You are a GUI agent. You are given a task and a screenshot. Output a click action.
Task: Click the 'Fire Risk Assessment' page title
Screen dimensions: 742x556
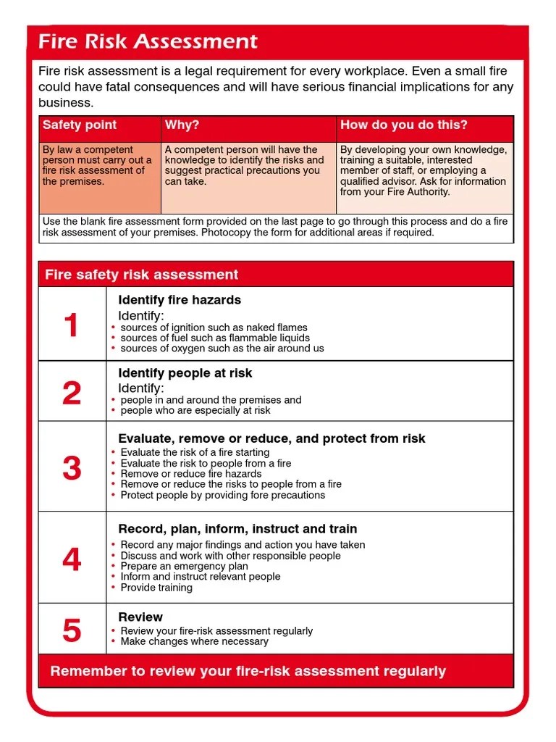pos(148,41)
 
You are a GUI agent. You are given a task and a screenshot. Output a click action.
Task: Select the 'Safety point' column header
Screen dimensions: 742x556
pos(80,125)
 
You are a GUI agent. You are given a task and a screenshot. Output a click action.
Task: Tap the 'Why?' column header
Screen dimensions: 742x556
pos(182,125)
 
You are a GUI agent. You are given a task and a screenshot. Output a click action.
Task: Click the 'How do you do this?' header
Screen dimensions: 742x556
pos(404,125)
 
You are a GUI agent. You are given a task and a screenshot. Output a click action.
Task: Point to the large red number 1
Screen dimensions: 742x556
pos(71,325)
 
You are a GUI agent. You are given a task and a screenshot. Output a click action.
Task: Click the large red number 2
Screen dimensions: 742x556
pos(71,393)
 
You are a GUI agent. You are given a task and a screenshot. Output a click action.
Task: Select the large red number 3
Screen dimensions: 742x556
pos(71,468)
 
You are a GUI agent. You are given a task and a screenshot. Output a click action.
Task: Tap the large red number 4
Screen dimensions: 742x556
pos(71,559)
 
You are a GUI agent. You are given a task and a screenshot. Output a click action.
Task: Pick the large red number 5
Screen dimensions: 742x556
pos(71,630)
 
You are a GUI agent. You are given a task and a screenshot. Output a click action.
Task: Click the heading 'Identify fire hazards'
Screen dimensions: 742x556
pos(180,300)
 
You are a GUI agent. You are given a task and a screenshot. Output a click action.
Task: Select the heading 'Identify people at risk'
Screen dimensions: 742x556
pos(185,373)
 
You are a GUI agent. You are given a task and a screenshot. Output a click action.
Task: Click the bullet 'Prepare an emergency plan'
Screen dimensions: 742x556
pos(184,566)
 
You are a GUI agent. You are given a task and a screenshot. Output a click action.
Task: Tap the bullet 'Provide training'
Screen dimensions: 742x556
pos(156,588)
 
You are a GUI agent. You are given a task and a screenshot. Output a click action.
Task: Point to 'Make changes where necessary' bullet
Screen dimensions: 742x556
pos(194,641)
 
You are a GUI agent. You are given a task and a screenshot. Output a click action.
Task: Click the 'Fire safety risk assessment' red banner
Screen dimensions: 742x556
pos(142,275)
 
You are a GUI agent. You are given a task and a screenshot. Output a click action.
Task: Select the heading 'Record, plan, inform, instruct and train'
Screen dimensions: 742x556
pos(237,529)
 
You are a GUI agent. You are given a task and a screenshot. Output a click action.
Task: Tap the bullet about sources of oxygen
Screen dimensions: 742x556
pos(222,349)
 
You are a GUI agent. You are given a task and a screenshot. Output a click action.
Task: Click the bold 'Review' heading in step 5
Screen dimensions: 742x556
pos(140,617)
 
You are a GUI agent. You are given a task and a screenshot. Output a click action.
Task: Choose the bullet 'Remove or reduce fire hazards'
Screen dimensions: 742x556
pos(191,474)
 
